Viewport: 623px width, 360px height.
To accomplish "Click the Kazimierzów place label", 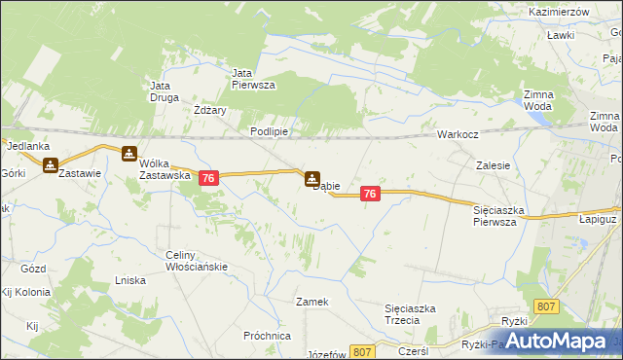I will (x=560, y=11).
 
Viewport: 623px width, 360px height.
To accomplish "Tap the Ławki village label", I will (x=560, y=35).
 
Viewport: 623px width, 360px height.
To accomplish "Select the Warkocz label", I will (x=456, y=134).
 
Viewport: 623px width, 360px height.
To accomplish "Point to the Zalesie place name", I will (x=494, y=165).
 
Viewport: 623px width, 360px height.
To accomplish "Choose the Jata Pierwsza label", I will (x=253, y=78).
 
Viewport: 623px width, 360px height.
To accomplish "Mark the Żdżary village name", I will (x=210, y=110).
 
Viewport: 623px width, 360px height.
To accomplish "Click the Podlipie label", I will (x=267, y=131).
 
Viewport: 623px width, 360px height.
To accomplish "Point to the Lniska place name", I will (x=130, y=280).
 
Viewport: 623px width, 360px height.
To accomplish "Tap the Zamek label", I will (x=312, y=302).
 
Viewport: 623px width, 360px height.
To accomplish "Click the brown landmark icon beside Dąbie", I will (x=311, y=179).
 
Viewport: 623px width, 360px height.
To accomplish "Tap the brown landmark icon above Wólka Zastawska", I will (x=129, y=153).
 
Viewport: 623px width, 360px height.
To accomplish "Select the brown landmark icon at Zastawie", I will (x=50, y=166).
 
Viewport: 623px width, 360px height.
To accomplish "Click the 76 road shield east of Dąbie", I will (x=369, y=195).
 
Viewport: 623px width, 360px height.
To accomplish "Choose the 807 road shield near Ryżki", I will (x=547, y=306).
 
